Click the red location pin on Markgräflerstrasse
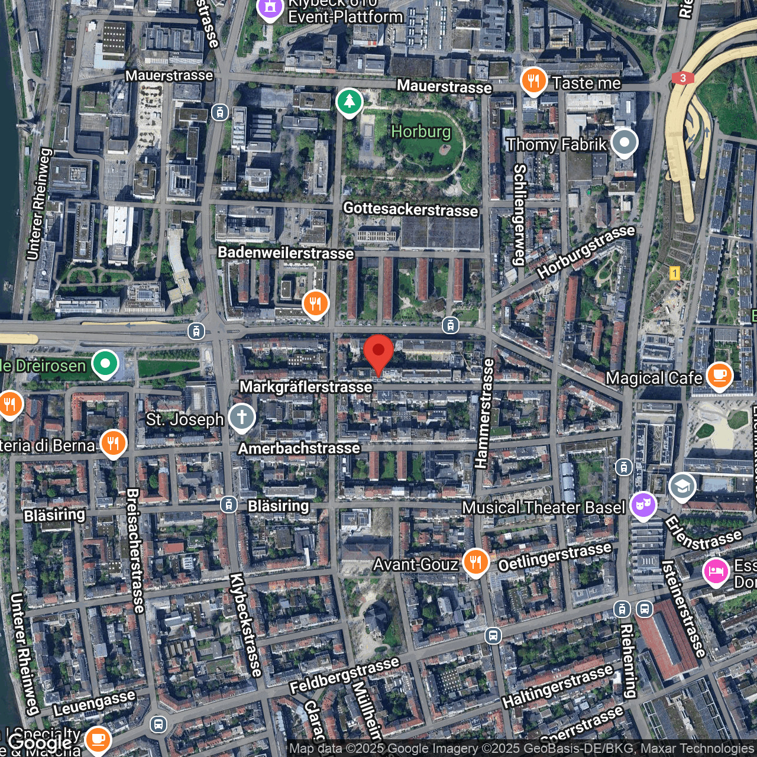(378, 352)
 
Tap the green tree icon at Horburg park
(350, 101)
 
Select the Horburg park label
(421, 131)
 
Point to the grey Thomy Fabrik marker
(625, 143)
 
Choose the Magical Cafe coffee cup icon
(720, 375)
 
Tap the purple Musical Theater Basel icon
(643, 505)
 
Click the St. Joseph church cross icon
(242, 417)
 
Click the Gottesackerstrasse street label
(410, 209)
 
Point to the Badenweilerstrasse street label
(286, 253)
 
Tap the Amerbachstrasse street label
(299, 448)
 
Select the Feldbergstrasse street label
(344, 675)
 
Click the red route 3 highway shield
(683, 78)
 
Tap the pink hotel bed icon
(716, 571)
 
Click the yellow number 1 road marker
(674, 273)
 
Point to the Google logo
(40, 743)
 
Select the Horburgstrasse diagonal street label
(585, 251)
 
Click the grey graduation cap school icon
(682, 487)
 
